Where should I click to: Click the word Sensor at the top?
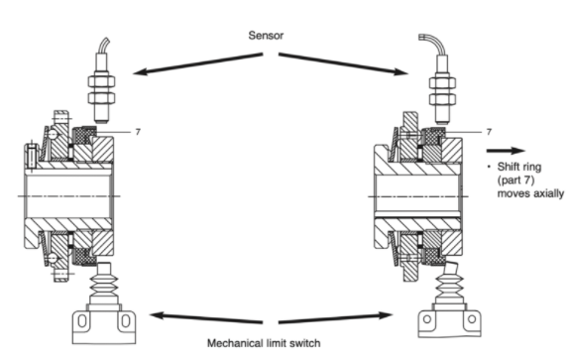[x=266, y=36]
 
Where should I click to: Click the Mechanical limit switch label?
[x=264, y=343]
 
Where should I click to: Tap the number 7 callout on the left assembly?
[x=138, y=132]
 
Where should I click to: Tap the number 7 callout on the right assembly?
[x=489, y=132]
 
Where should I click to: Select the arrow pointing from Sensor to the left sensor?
[x=197, y=63]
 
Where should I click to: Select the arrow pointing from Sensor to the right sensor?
[x=343, y=63]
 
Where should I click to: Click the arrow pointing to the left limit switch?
[x=206, y=317]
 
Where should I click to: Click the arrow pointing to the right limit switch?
[x=336, y=317]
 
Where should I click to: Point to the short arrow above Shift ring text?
[x=506, y=151]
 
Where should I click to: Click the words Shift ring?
[x=519, y=167]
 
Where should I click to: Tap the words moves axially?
[x=530, y=193]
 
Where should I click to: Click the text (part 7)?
[x=515, y=180]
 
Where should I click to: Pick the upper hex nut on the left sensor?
[x=101, y=81]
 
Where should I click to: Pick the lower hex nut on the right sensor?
[x=442, y=99]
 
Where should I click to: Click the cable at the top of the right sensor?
[x=434, y=44]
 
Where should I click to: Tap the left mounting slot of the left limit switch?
[x=82, y=321]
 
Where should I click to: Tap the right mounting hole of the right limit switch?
[x=472, y=319]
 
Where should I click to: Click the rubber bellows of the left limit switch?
[x=104, y=284]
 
